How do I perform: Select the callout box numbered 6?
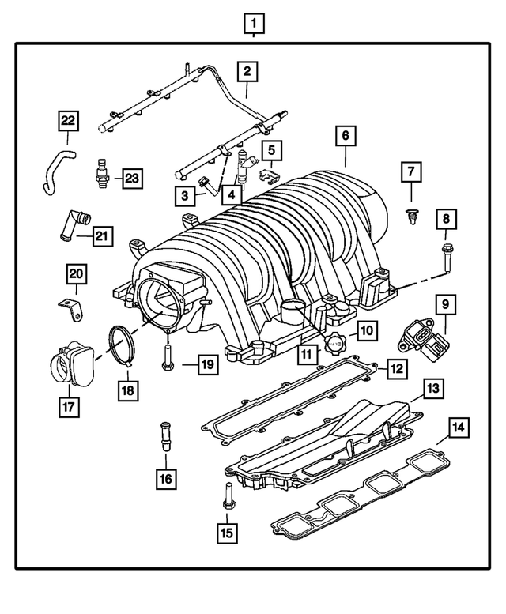pyautogui.click(x=345, y=136)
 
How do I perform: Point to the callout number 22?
pyautogui.click(x=68, y=121)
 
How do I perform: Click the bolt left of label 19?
pyautogui.click(x=168, y=358)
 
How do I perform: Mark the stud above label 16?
pyautogui.click(x=165, y=437)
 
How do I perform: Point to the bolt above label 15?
pyautogui.click(x=228, y=495)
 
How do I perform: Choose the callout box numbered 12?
pyautogui.click(x=397, y=367)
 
